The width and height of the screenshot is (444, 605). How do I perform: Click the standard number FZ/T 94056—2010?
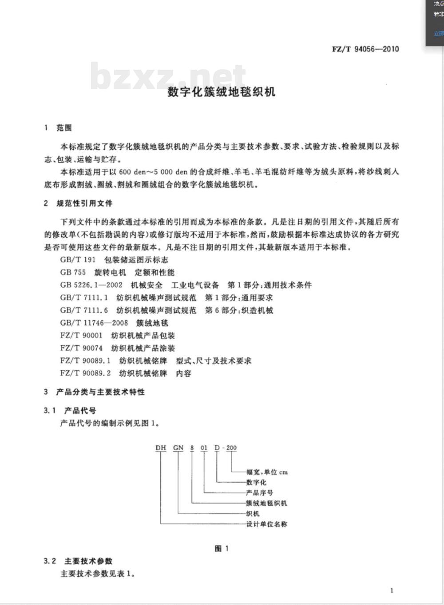[x=365, y=49]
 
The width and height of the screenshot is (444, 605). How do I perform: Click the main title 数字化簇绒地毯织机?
[x=221, y=92]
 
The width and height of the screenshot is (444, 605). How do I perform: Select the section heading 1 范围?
[x=58, y=128]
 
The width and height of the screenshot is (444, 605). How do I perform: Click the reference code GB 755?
[x=73, y=272]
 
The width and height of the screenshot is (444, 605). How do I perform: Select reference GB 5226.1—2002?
[x=91, y=285]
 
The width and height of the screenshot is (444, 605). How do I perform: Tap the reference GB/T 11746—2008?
[x=94, y=323]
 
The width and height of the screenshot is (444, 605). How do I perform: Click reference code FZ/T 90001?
[x=81, y=335]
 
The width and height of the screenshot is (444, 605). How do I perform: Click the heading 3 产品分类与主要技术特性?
[x=94, y=392]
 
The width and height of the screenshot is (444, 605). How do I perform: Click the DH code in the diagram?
[x=161, y=448]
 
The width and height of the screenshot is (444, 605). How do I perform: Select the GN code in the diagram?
[x=178, y=448]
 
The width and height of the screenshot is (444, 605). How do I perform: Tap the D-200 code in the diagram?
[x=226, y=448]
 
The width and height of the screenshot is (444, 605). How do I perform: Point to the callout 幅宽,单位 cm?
[x=267, y=472]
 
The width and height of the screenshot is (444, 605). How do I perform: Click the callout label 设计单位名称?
[x=266, y=524]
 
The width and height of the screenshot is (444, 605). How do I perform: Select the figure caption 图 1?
[x=222, y=549]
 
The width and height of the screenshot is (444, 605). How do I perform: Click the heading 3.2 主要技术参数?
[x=78, y=561]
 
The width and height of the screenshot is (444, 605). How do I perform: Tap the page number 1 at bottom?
[x=392, y=590]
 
